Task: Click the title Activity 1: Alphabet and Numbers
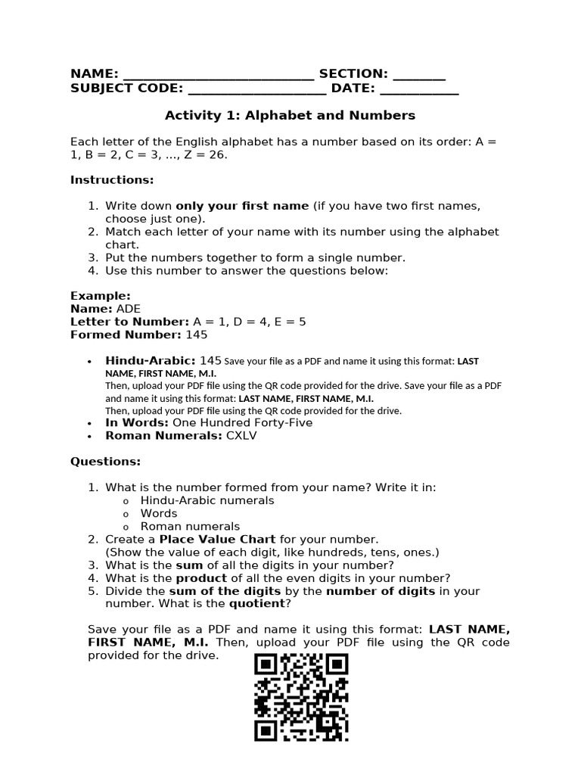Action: click(290, 116)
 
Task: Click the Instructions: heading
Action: click(112, 180)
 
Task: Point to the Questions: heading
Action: click(105, 462)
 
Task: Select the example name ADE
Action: click(128, 309)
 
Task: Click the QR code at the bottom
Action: click(301, 698)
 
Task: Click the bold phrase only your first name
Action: click(242, 206)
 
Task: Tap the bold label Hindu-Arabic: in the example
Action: click(151, 361)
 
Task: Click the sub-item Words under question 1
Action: click(159, 514)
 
